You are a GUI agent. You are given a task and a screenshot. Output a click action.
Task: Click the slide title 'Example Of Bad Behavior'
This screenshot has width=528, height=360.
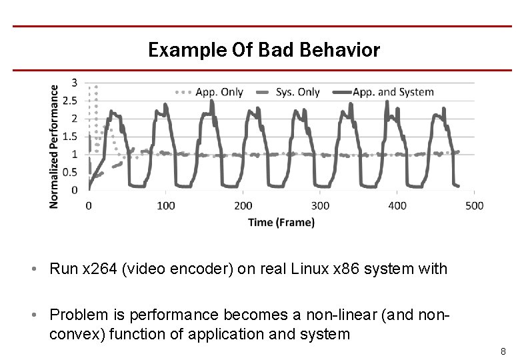[x=264, y=50]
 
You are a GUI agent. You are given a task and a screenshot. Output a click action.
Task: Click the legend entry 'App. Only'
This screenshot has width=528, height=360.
[x=219, y=92]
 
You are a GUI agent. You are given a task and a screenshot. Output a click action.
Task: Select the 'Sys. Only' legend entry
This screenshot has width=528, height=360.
[x=297, y=92]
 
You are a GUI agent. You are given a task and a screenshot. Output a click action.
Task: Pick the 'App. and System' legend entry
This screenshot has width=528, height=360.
[x=393, y=92]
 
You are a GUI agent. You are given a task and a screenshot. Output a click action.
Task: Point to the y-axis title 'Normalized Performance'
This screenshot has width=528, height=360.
[x=54, y=145]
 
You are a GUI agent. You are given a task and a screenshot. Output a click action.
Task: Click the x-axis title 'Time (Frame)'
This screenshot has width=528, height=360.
[x=281, y=222]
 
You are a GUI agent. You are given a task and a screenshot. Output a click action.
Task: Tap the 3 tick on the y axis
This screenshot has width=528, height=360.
[x=74, y=83]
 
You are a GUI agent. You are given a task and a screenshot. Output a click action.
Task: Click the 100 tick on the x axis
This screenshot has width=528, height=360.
[x=166, y=206]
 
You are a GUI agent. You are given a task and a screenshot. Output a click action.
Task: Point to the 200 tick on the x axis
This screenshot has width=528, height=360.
[x=243, y=206]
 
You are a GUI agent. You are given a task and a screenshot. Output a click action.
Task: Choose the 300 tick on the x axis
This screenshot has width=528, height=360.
[x=320, y=206]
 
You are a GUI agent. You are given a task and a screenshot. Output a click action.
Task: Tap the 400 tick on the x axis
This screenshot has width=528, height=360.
[x=397, y=206]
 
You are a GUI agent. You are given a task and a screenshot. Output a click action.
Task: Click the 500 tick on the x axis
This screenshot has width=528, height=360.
[x=474, y=206]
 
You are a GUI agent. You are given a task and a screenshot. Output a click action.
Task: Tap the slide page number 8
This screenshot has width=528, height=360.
[x=504, y=351]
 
